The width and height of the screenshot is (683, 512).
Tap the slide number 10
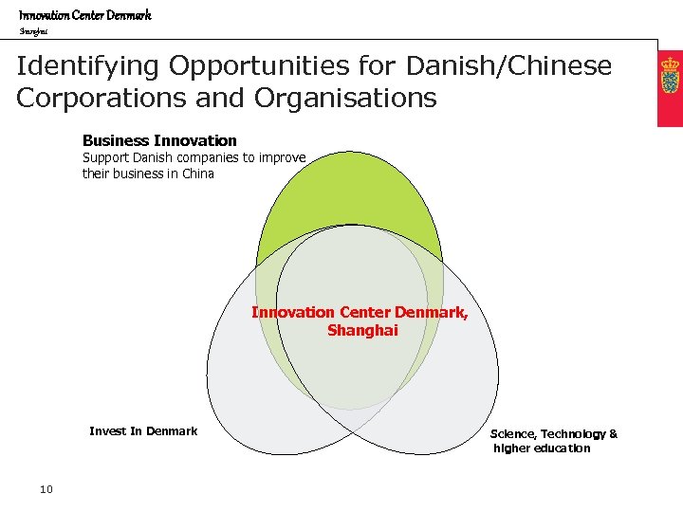[46, 489]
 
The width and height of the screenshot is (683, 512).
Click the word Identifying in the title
[86, 66]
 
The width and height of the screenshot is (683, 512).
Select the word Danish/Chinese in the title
[508, 66]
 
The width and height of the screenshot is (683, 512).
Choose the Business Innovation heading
[159, 140]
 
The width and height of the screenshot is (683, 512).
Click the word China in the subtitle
[198, 174]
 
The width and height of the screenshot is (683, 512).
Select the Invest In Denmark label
[143, 431]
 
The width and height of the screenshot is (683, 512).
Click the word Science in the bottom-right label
[512, 434]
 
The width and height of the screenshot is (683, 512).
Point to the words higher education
[542, 448]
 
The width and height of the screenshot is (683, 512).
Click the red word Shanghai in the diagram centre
[362, 331]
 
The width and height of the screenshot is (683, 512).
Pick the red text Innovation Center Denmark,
[360, 312]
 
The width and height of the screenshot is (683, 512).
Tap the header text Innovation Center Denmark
[85, 15]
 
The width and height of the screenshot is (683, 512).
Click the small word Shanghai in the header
[33, 31]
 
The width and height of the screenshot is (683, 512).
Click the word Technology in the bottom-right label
[573, 434]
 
